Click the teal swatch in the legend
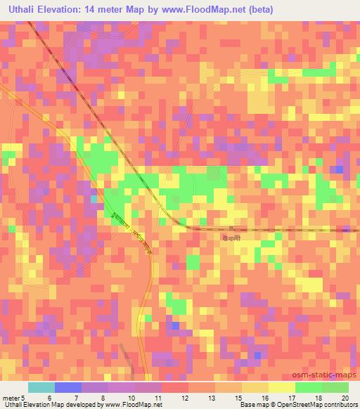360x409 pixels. (x=41, y=387)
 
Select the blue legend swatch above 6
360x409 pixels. (x=67, y=387)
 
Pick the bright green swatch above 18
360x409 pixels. (x=308, y=387)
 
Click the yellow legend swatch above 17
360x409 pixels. (x=281, y=387)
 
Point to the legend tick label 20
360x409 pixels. (x=345, y=397)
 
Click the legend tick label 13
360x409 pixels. (x=211, y=397)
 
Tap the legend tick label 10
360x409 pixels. (x=131, y=397)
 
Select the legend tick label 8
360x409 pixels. (x=104, y=397)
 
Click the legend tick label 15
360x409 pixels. (x=238, y=397)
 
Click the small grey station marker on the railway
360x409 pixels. (x=231, y=228)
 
